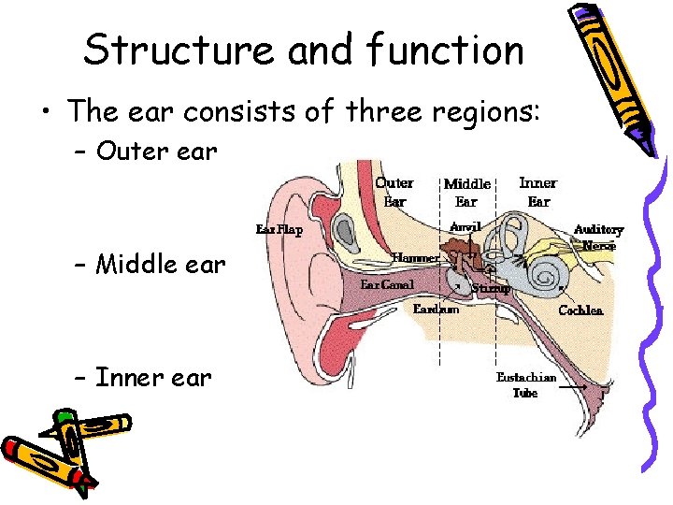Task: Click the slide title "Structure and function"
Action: click(304, 50)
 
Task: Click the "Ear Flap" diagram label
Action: click(279, 230)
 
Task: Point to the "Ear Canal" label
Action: click(387, 283)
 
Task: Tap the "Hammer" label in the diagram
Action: click(415, 257)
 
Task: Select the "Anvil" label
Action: click(465, 227)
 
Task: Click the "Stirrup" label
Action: click(490, 289)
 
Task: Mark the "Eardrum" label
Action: click(436, 310)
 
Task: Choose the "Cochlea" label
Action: click(580, 310)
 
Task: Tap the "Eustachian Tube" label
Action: click(525, 385)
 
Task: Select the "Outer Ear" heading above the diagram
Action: click(394, 191)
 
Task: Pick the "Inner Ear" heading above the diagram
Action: click(537, 191)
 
